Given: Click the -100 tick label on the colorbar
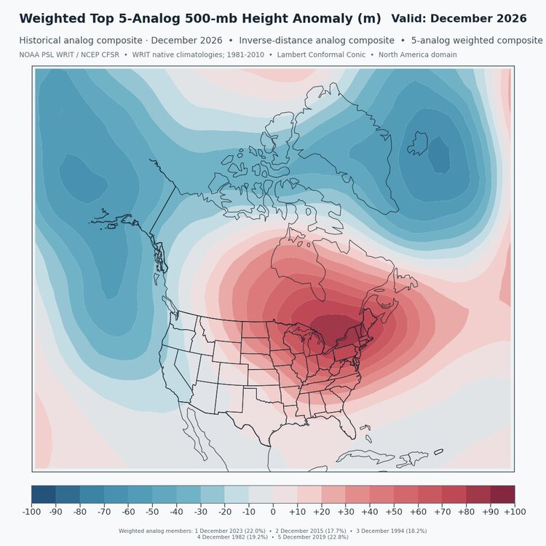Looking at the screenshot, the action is point(31,512).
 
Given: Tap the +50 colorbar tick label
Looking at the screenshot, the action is point(394,512).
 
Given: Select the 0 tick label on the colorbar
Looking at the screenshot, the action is point(273,512).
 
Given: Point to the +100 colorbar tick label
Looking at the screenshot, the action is point(515,512).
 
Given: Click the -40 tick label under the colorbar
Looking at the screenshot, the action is point(176,512).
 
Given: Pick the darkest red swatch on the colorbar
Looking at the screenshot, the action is point(502,494).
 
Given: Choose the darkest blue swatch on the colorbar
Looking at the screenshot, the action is point(44,494).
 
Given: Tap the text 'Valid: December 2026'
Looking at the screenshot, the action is point(459,18).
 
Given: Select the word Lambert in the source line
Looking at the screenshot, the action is point(290,55).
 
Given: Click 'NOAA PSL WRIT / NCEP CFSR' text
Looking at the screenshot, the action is point(69,55).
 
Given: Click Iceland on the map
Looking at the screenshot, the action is point(418,143).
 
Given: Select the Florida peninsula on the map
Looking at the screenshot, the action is point(347,423).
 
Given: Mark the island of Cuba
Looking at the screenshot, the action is point(360,456).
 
